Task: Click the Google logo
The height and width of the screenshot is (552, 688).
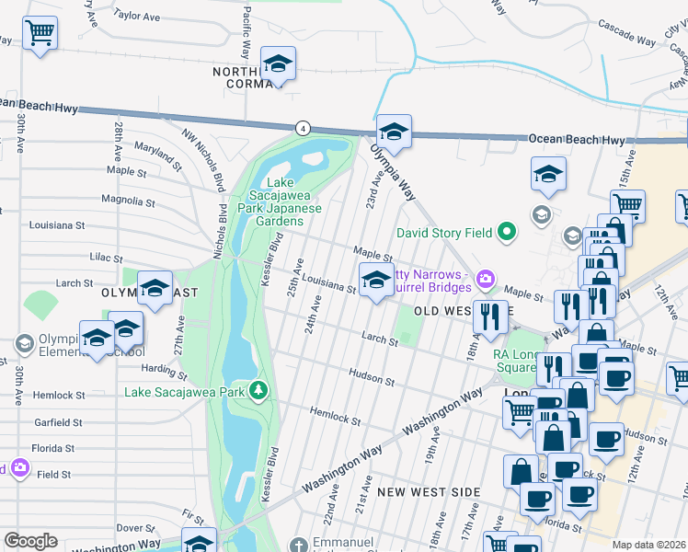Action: [30, 541]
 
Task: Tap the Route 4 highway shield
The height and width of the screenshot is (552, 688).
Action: [301, 128]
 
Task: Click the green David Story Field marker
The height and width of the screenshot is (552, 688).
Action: [505, 233]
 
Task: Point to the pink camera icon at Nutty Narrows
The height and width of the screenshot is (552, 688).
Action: [485, 278]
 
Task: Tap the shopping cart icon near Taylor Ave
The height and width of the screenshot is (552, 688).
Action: [40, 35]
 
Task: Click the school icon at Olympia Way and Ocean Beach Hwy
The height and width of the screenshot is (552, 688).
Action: [394, 132]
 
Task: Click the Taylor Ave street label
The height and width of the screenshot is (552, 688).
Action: [138, 16]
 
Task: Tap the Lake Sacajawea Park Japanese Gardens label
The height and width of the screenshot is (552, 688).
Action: [281, 201]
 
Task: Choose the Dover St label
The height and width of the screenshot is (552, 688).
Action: [136, 528]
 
